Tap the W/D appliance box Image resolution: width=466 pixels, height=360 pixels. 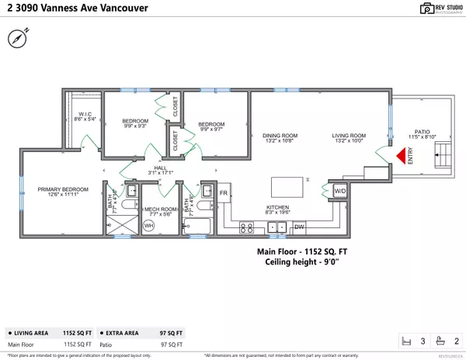point(339,190)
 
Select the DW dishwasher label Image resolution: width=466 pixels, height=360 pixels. point(299,227)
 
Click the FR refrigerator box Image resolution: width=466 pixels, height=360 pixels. point(223,192)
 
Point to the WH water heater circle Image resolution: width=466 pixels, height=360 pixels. point(149,225)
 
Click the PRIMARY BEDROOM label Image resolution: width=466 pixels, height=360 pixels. point(65,189)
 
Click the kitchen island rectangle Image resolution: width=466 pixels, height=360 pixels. point(287,187)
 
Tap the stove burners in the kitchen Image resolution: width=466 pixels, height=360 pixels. point(246,227)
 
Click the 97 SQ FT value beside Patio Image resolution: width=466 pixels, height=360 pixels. point(172,344)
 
